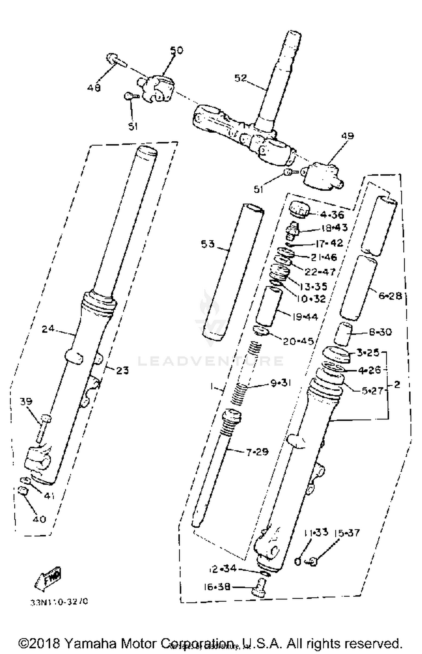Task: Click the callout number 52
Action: point(241,78)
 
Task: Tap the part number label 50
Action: point(176,50)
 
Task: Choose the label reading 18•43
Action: point(334,228)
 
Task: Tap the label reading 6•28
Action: point(390,296)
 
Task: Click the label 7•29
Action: point(257,452)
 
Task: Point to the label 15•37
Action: point(347,533)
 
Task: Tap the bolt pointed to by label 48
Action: point(116,60)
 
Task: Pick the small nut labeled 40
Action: point(22,491)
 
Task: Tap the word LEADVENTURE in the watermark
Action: point(210,361)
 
